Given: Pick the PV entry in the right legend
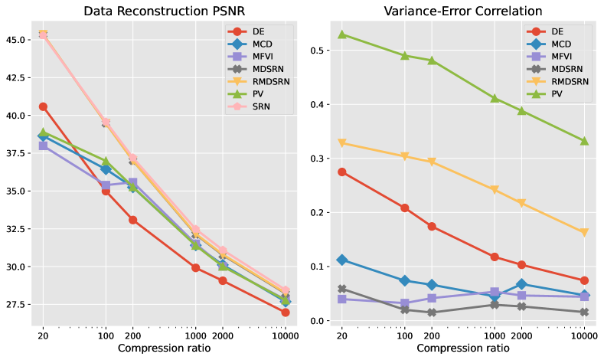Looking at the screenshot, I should pyautogui.click(x=557, y=95).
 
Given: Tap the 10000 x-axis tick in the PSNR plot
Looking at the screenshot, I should pyautogui.click(x=285, y=335).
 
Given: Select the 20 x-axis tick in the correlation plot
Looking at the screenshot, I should pyautogui.click(x=341, y=335).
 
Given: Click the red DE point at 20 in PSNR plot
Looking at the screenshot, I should pyautogui.click(x=43, y=106).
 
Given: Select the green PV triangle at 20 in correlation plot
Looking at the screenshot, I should pyautogui.click(x=341, y=34).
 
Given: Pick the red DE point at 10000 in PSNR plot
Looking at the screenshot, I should pyautogui.click(x=286, y=313).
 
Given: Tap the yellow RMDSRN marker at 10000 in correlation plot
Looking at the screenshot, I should pyautogui.click(x=584, y=233).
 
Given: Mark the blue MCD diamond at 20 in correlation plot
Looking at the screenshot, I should pyautogui.click(x=341, y=260).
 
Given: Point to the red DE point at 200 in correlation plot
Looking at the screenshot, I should pyautogui.click(x=432, y=227).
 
